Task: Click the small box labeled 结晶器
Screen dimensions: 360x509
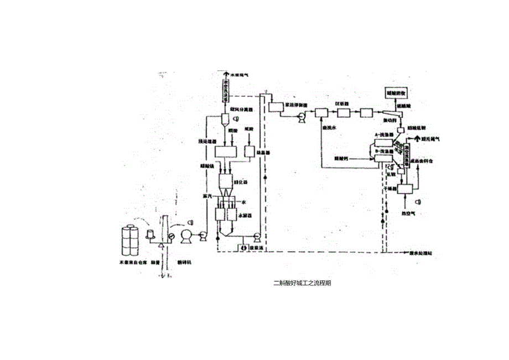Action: click(249, 151)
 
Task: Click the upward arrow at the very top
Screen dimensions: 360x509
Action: click(226, 74)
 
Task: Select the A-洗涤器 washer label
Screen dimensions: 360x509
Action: click(383, 134)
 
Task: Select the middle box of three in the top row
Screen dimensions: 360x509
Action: click(342, 113)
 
